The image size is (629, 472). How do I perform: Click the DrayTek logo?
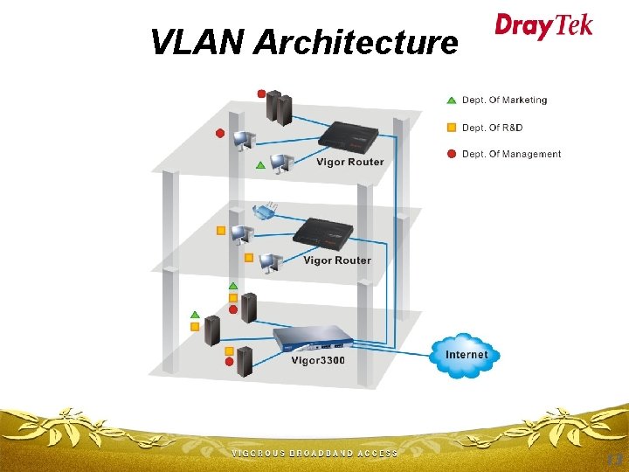click(x=543, y=26)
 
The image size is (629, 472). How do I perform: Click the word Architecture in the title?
click(x=356, y=41)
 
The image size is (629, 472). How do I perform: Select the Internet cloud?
click(x=466, y=354)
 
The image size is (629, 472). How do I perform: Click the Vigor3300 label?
click(x=318, y=360)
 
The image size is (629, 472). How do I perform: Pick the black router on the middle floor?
click(x=323, y=233)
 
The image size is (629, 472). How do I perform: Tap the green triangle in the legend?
click(x=451, y=101)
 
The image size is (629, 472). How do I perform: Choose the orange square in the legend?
click(x=451, y=128)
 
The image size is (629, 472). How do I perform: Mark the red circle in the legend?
click(x=451, y=154)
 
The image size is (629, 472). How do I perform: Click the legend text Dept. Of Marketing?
click(x=504, y=101)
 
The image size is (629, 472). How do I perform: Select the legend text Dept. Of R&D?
click(x=492, y=128)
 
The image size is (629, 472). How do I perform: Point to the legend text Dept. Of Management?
click(x=511, y=154)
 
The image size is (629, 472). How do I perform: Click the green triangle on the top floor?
click(x=259, y=164)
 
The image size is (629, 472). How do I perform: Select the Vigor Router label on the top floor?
click(x=349, y=163)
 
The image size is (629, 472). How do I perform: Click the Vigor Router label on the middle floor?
click(x=336, y=260)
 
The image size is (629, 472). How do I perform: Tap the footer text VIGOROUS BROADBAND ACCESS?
click(x=314, y=454)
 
